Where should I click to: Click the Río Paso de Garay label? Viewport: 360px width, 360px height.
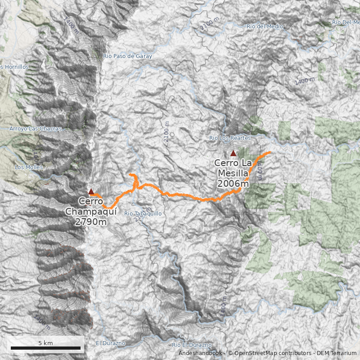[x=127, y=56]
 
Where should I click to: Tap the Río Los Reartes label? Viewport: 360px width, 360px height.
[x=229, y=138]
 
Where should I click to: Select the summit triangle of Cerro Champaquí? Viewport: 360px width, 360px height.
[x=91, y=191]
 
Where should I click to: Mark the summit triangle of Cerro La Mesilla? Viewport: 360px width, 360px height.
[x=233, y=153]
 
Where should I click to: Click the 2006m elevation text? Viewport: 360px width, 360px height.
[x=233, y=184]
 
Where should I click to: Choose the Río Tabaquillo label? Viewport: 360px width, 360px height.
[x=143, y=213]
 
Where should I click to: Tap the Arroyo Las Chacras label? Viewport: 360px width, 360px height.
[x=35, y=129]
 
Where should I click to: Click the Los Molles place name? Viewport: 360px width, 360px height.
[x=29, y=167]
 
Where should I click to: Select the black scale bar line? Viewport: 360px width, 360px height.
[x=45, y=348]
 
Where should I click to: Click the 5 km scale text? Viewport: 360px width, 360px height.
[x=45, y=343]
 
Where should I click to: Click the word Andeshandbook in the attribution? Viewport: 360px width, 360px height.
[x=200, y=353]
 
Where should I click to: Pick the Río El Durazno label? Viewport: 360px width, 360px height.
[x=192, y=345]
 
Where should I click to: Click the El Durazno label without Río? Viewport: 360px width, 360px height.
[x=110, y=343]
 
